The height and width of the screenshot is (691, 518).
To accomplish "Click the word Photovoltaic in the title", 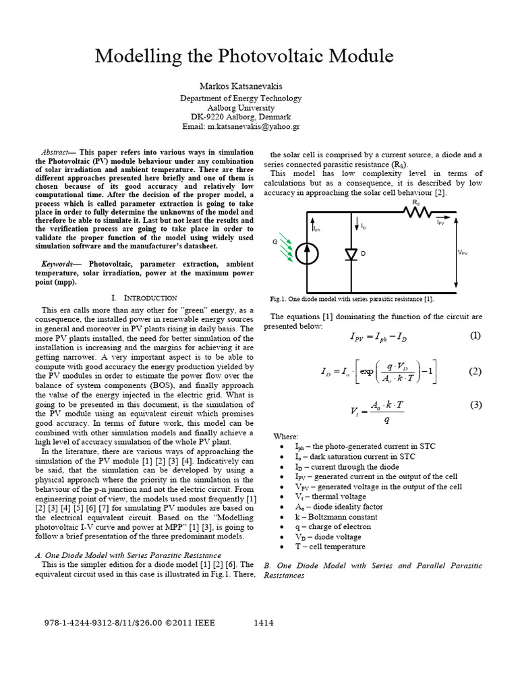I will click(x=283, y=57).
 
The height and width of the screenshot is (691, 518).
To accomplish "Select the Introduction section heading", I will click(x=143, y=298).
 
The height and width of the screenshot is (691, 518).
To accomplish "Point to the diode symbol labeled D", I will click(x=350, y=254).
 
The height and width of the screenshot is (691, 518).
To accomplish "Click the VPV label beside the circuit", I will click(x=463, y=252).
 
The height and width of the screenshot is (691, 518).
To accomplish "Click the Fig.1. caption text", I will click(x=351, y=298).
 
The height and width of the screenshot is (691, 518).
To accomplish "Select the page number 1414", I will click(x=263, y=622).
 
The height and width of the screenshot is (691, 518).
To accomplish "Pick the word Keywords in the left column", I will click(x=59, y=264).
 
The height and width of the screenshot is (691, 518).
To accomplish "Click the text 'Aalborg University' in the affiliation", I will click(x=241, y=107).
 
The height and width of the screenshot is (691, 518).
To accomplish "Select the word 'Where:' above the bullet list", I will click(x=285, y=437).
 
